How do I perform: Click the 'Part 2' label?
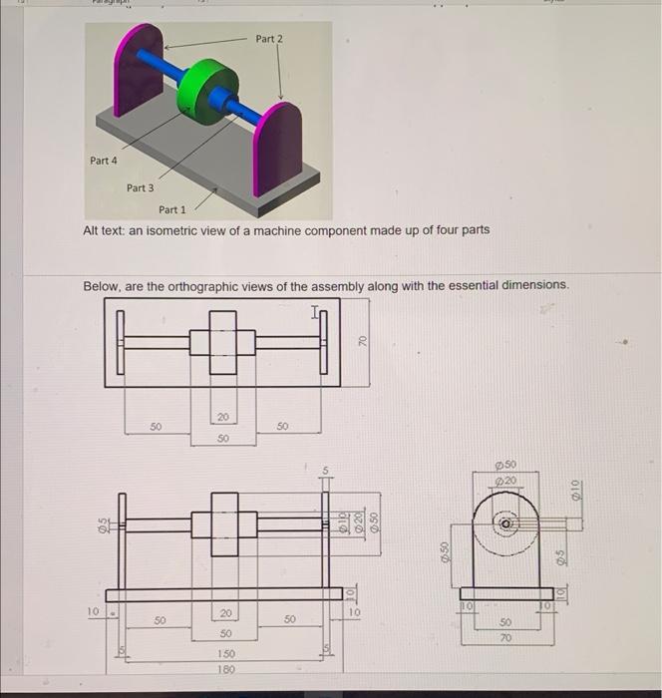pos(268,39)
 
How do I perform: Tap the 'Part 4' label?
pos(103,161)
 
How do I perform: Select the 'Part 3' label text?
pos(140,187)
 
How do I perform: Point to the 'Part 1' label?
pos(171,209)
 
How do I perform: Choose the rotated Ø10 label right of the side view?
pos(574,490)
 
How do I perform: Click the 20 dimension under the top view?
pos(222,417)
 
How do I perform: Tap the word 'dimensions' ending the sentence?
pos(533,286)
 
